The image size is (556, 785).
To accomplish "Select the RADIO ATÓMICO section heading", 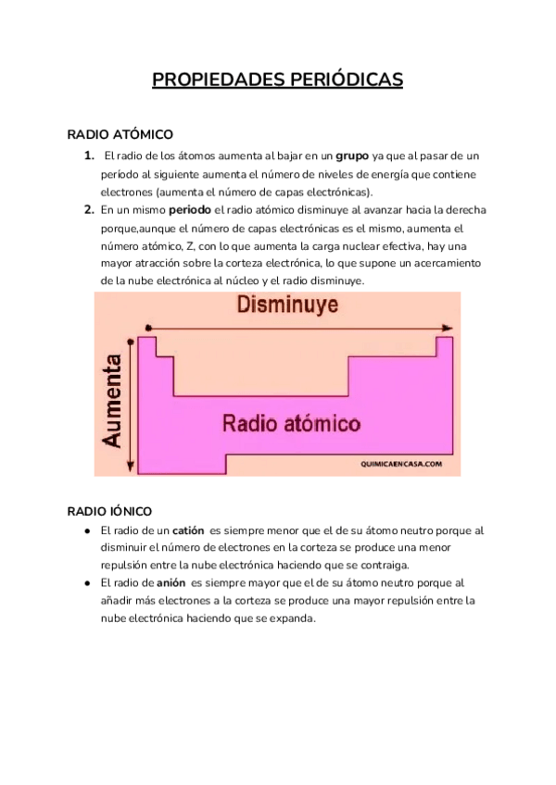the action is point(120,135).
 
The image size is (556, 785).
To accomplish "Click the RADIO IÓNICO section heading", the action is point(109,511).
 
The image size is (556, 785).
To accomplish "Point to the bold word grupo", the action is point(351,156).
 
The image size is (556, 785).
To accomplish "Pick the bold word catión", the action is point(188,531).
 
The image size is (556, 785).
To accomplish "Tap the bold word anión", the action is point(171,583).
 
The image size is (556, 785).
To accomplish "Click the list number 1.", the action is point(88,156).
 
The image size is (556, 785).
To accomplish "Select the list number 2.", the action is point(89,210).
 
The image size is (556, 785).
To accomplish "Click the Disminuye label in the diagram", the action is point(286,305).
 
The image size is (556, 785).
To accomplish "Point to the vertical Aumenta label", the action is point(113,400).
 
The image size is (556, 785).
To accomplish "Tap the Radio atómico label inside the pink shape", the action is point(291,424).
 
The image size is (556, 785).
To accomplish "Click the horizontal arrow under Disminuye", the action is point(297,327).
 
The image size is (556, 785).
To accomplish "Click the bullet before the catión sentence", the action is point(86,531).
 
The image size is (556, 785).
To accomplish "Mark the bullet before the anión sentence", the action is point(86,583).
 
